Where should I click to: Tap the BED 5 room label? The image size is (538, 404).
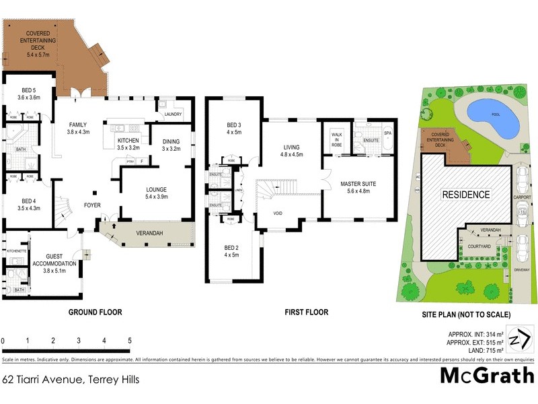pos(29,94)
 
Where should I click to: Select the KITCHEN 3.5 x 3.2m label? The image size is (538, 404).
pos(128,143)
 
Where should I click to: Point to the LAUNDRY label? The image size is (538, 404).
pos(173,114)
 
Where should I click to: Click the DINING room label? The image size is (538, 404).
pos(171,145)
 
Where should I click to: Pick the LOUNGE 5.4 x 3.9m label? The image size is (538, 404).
pos(156,193)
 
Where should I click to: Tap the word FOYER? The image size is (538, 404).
pos(92,205)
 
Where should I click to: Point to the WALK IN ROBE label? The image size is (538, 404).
pos(337,139)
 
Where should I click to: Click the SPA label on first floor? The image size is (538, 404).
pos(387,133)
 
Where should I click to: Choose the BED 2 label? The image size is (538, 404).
pos(232,251)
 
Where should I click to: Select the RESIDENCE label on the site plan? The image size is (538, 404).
pos(465,195)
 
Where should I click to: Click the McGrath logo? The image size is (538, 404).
pos(487,375)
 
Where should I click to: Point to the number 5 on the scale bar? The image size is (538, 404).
pos(129,340)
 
